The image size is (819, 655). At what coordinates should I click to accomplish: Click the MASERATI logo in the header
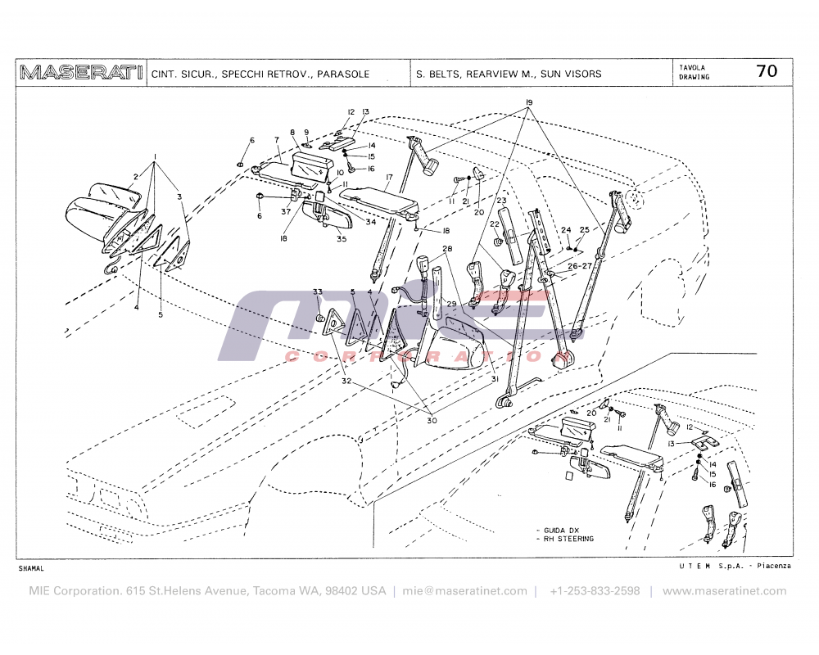pos(80,73)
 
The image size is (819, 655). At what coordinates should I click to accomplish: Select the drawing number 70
pos(767,71)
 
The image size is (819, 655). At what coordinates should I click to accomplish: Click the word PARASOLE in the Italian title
pos(343,74)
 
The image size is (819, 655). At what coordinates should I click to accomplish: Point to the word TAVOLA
pos(692,67)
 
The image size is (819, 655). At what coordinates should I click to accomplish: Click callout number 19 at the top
pos(529,102)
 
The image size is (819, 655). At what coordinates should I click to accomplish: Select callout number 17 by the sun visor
pos(389,177)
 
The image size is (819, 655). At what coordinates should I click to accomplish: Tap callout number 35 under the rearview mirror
pos(342,239)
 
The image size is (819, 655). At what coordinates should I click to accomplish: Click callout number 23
pos(502,201)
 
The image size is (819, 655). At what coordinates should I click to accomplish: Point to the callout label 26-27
pos(581,265)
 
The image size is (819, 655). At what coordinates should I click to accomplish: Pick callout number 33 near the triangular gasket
pos(318,292)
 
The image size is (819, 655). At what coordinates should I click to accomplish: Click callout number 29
pos(450,304)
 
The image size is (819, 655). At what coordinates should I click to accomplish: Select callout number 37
pos(286,212)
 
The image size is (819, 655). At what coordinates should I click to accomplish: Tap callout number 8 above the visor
pos(292,132)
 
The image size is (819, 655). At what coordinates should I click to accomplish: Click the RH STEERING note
pos(568,539)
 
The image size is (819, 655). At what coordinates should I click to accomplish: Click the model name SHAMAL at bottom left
pos(30,567)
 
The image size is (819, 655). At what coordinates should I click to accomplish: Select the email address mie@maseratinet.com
pos(464,591)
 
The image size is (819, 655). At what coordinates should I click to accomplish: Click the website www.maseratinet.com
pos(724,591)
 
